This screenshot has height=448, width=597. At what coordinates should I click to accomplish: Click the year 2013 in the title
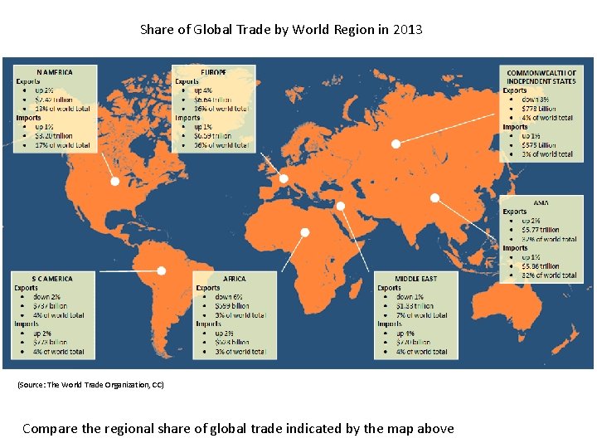point(408,30)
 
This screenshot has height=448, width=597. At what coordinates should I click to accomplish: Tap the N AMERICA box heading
point(55,72)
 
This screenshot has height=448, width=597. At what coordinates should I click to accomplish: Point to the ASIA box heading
point(541,202)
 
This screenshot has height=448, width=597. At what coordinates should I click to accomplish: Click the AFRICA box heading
point(234,279)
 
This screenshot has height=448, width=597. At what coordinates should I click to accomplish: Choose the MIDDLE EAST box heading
point(416,279)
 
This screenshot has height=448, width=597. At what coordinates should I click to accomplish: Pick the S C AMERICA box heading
point(52,279)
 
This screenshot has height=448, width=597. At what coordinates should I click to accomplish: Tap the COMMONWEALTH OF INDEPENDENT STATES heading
point(541,77)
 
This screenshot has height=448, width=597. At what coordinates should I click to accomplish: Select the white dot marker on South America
point(162,270)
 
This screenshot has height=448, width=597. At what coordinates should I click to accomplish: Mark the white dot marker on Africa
point(305,232)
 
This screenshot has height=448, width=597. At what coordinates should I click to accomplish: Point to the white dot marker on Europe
point(284,178)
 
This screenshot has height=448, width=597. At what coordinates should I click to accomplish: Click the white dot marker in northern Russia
point(396,144)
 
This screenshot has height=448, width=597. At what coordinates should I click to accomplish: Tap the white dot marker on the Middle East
point(340,206)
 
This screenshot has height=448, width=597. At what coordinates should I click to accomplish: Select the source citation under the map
point(90,385)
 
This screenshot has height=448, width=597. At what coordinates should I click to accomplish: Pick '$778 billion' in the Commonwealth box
point(540,109)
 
